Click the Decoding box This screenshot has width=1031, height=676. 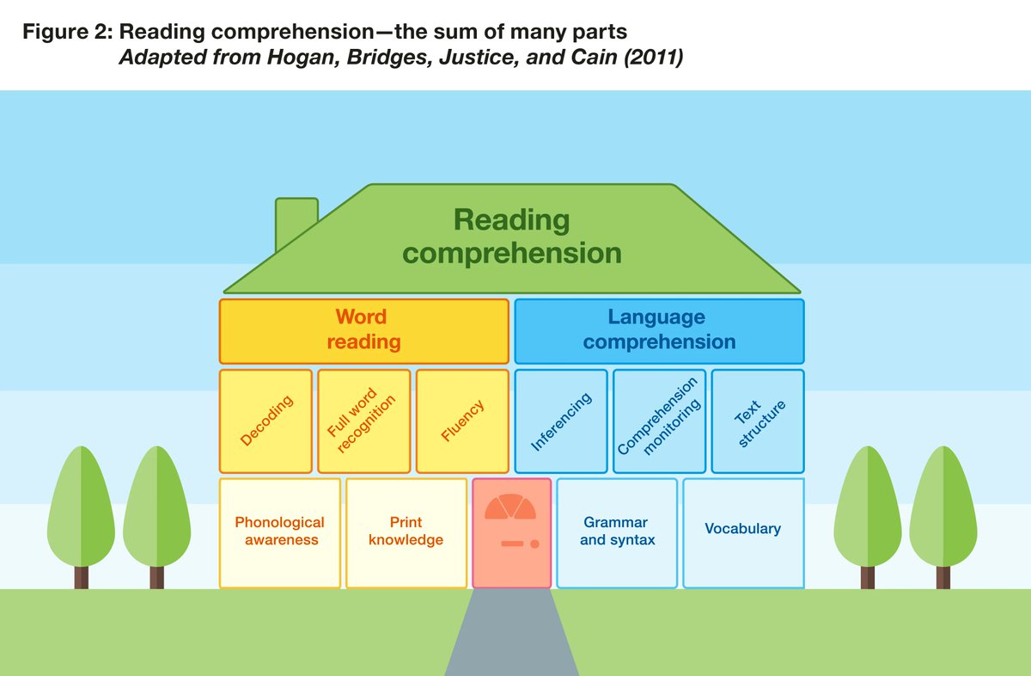[x=265, y=421]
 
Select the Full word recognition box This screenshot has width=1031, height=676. [x=364, y=421]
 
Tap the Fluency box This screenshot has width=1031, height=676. [x=463, y=421]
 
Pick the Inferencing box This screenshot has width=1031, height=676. [x=561, y=421]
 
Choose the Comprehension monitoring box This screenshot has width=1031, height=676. [x=660, y=421]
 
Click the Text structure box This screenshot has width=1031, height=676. [x=758, y=421]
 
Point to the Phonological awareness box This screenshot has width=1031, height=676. [x=280, y=532]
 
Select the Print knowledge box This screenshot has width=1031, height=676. [x=406, y=532]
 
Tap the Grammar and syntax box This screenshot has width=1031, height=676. [x=617, y=532]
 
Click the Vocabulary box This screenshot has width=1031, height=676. [x=743, y=529]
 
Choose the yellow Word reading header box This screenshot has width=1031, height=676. [x=364, y=330]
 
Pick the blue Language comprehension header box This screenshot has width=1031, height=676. [x=659, y=330]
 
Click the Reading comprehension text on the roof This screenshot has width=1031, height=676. [x=512, y=237]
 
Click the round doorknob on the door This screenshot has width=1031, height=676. [x=534, y=544]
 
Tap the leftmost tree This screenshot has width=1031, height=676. [x=81, y=512]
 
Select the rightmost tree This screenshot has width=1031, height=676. [x=945, y=512]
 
